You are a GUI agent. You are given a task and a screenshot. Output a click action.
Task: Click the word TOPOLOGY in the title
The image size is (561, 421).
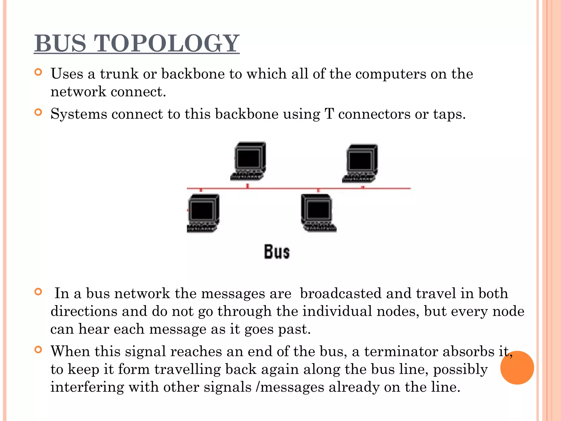pyautogui.click(x=167, y=43)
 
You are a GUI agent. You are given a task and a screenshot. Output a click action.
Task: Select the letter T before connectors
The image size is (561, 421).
pyautogui.click(x=329, y=114)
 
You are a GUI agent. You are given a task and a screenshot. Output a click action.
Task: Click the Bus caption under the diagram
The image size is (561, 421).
pyautogui.click(x=277, y=252)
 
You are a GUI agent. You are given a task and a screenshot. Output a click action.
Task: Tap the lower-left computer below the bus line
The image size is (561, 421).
pyautogui.click(x=203, y=213)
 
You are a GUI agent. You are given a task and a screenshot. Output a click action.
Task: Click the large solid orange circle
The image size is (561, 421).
pyautogui.click(x=517, y=368)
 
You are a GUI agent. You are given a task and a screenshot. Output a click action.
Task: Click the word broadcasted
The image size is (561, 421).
pyautogui.click(x=340, y=294)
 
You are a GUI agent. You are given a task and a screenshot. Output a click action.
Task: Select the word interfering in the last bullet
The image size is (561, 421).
pyautogui.click(x=87, y=387)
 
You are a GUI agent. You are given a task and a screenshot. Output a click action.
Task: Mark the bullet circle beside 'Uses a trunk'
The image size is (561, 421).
pyautogui.click(x=38, y=72)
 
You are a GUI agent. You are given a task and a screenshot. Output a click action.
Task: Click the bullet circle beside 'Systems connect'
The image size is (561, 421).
pyautogui.click(x=38, y=112)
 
